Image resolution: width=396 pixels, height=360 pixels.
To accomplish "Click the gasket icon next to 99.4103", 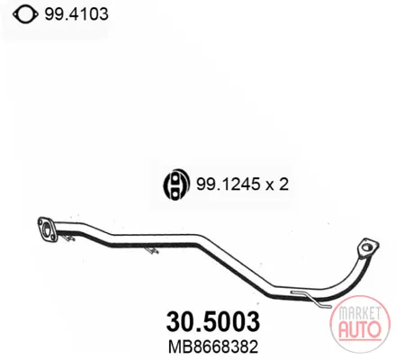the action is click(x=25, y=14).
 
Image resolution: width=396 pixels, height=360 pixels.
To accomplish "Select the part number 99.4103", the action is click(x=76, y=14).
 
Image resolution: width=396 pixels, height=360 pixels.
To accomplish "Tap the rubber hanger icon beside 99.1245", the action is click(x=175, y=184).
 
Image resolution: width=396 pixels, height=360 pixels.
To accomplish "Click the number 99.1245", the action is click(x=229, y=184).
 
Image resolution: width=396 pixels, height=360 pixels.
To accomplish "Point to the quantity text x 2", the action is click(x=277, y=184).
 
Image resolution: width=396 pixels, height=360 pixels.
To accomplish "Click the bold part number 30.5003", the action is click(x=213, y=322).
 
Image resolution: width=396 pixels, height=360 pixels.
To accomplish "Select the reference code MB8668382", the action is click(x=213, y=347).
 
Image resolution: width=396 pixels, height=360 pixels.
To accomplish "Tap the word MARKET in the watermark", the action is click(x=360, y=313).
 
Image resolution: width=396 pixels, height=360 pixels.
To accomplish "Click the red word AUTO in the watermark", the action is click(x=360, y=329).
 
